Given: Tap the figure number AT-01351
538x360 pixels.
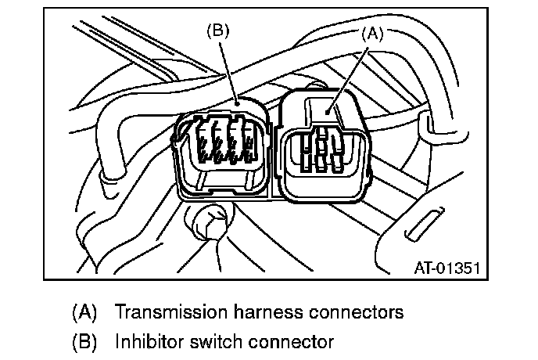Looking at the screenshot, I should (x=446, y=268).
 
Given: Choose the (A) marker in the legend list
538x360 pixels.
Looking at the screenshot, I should (x=84, y=312).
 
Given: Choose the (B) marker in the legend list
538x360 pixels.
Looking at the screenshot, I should (x=84, y=342).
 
